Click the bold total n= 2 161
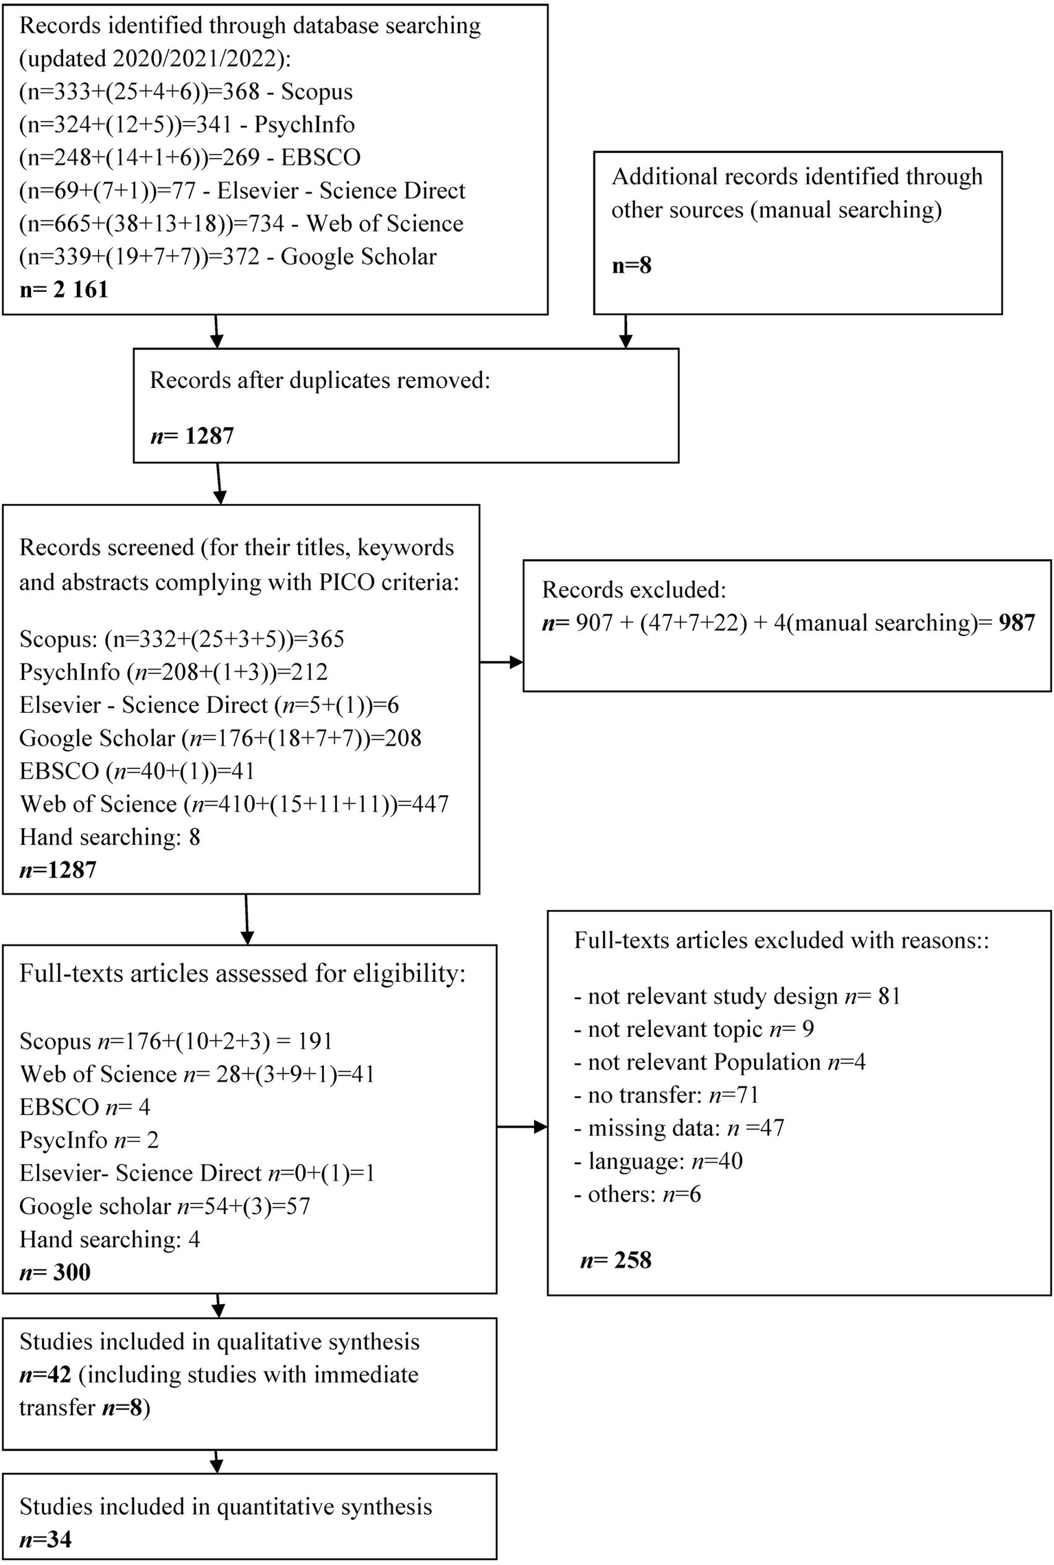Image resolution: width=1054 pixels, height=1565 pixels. click(64, 289)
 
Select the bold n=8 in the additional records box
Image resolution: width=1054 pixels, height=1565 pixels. click(631, 265)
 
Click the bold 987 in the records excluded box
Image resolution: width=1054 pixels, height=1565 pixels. click(1016, 622)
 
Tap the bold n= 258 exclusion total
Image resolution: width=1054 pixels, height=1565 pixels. click(615, 1259)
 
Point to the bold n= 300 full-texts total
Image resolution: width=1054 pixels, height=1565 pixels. click(55, 1272)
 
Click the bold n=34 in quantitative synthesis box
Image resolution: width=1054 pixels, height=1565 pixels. click(45, 1540)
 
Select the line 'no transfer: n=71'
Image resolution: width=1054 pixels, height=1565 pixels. click(665, 1095)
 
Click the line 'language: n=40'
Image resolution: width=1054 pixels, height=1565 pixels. click(658, 1161)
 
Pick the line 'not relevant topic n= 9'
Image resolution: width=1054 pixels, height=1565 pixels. click(694, 1029)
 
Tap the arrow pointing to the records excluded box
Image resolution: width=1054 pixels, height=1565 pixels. click(501, 662)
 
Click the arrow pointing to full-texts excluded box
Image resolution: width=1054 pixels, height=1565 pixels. click(522, 1127)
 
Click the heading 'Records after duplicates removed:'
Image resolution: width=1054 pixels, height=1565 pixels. click(320, 380)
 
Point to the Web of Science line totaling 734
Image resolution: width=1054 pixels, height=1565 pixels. click(241, 223)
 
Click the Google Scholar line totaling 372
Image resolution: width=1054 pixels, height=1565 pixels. click(228, 256)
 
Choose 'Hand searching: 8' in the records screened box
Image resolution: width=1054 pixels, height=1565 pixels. click(110, 836)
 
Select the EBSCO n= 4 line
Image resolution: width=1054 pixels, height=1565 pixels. click(84, 1107)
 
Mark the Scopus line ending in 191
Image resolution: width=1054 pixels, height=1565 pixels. click(176, 1041)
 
